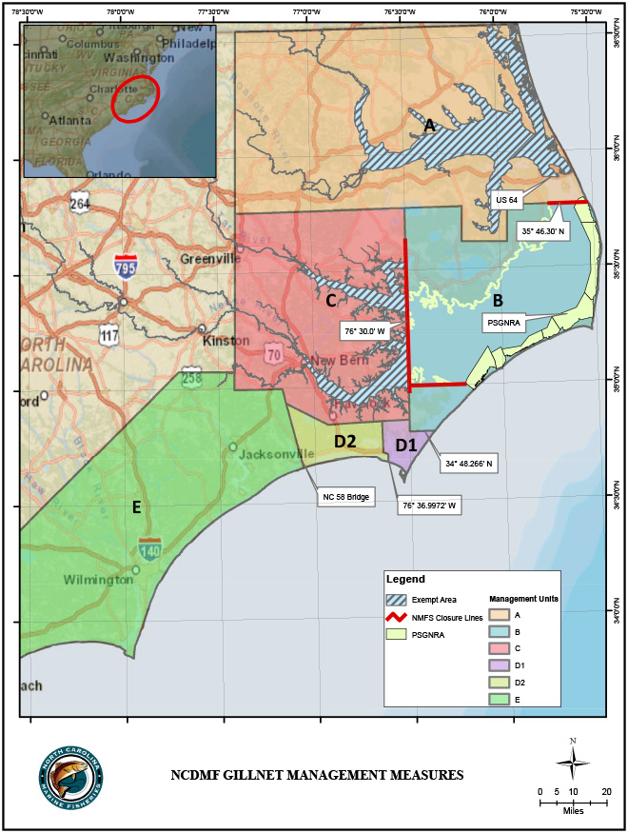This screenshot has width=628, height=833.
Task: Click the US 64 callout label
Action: [506, 200]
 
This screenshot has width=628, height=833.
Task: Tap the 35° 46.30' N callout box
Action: [542, 230]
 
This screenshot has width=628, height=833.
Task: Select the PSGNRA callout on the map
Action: [503, 322]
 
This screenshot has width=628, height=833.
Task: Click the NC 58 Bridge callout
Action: [343, 496]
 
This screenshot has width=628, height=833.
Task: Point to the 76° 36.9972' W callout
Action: [428, 506]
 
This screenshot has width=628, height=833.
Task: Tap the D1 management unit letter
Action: [405, 445]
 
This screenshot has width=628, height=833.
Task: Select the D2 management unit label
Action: [344, 441]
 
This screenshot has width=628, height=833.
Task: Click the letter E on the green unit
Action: [136, 506]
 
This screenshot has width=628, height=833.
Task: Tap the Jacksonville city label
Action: [276, 453]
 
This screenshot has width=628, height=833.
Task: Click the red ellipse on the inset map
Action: [134, 97]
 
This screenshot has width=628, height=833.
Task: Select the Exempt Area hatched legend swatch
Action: [400, 600]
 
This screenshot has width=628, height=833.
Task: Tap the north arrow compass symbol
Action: [573, 759]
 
